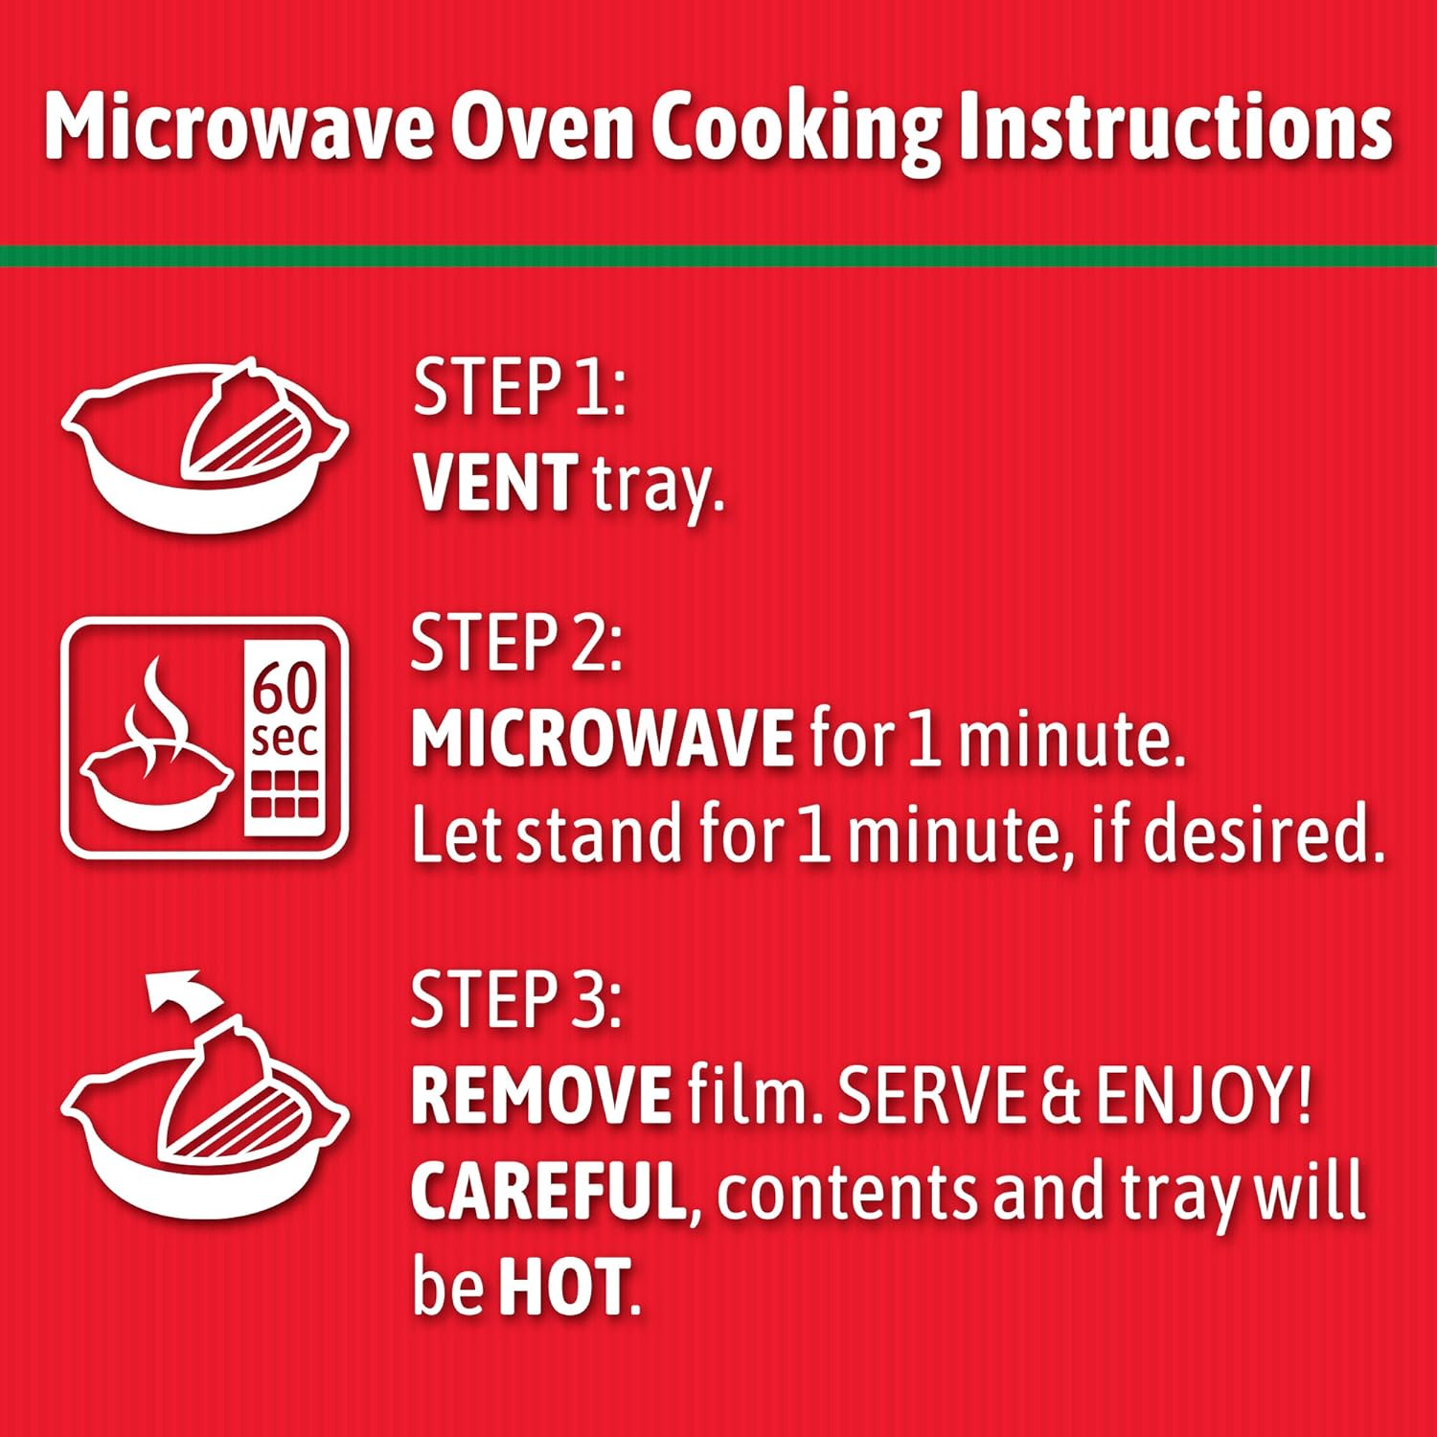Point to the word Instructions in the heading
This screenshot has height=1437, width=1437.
point(1175,126)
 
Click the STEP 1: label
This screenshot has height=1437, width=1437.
point(519,388)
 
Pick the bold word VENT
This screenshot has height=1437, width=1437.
point(495,483)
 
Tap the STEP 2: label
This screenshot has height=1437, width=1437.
point(516,643)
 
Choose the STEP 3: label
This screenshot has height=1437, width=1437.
point(516,999)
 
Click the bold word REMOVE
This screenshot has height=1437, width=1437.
point(541,1095)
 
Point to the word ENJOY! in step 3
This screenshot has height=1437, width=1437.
point(1203,1095)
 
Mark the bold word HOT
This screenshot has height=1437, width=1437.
point(563,1286)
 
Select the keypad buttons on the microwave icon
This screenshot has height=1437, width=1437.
point(285,795)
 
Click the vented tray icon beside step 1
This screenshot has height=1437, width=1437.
point(205,445)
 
